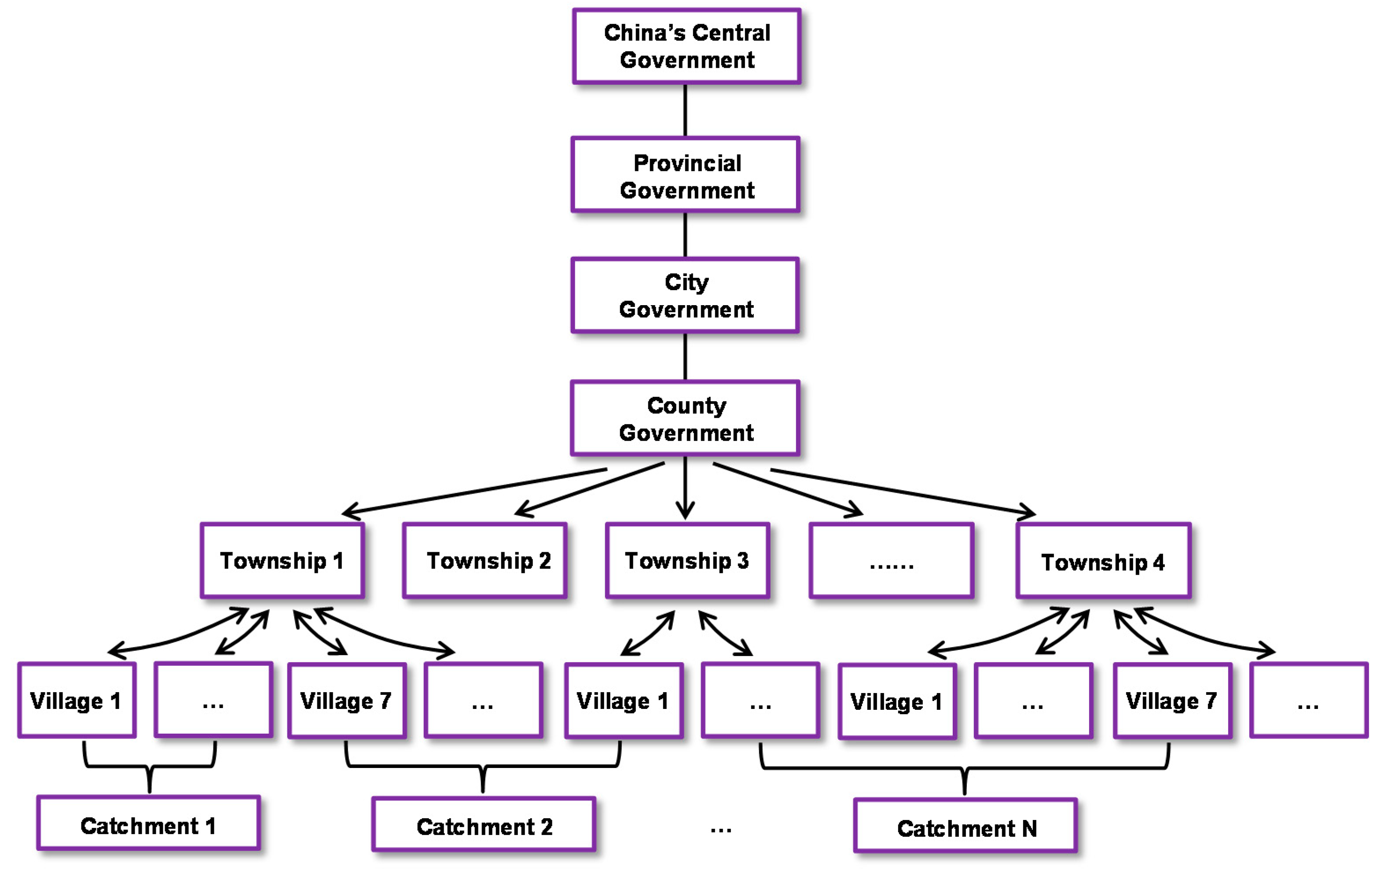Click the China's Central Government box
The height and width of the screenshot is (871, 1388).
(686, 46)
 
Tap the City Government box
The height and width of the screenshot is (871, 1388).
(685, 295)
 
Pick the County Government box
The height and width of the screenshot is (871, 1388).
(685, 418)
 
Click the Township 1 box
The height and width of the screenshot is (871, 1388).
(282, 561)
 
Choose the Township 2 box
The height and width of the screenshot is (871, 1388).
(485, 561)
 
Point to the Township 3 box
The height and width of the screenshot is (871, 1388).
(687, 561)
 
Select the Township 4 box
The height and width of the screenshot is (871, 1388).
(1103, 561)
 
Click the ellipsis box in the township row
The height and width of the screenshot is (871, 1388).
(891, 561)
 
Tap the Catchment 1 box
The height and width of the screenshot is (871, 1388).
(149, 824)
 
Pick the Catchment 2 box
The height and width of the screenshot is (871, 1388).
(484, 825)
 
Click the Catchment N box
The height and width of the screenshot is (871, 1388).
(966, 826)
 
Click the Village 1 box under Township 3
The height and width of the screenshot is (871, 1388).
(624, 701)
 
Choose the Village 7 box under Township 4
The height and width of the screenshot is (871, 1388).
(1172, 701)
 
